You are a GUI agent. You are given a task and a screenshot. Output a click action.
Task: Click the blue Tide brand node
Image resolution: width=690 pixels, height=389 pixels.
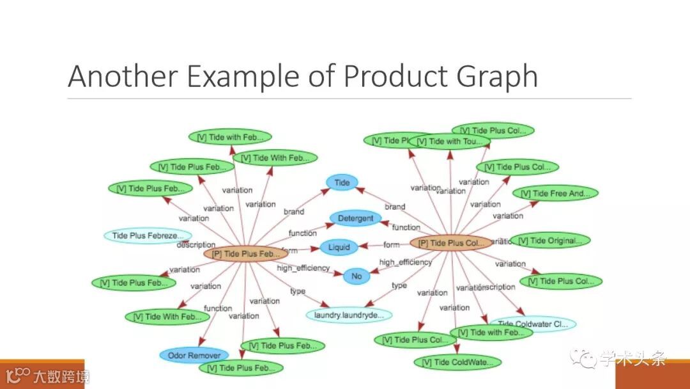(x=342, y=183)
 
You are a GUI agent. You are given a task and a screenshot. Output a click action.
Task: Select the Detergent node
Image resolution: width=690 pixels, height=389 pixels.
(x=355, y=218)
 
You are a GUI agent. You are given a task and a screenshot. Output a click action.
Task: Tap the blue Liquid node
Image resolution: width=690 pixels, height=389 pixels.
(x=339, y=248)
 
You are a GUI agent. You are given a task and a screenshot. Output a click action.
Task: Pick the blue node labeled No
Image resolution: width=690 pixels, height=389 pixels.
(x=356, y=276)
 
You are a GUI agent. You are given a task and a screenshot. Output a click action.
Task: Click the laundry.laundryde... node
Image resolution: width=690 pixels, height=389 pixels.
(x=349, y=315)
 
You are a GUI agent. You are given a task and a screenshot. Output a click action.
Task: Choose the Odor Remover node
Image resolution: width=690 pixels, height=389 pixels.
(x=194, y=356)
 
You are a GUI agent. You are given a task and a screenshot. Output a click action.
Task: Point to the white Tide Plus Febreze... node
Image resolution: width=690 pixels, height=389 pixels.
(x=148, y=235)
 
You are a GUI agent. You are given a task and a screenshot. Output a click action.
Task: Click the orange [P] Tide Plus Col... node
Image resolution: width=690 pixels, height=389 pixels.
(x=451, y=243)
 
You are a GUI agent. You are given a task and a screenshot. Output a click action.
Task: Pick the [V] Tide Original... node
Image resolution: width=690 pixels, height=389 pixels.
(x=550, y=241)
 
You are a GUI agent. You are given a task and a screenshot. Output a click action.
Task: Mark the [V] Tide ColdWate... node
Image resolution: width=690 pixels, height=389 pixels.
(x=457, y=363)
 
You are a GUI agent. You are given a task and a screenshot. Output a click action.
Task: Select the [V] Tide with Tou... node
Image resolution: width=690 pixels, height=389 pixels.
(x=450, y=141)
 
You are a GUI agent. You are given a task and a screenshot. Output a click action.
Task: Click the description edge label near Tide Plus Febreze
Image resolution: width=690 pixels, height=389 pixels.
(x=195, y=245)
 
